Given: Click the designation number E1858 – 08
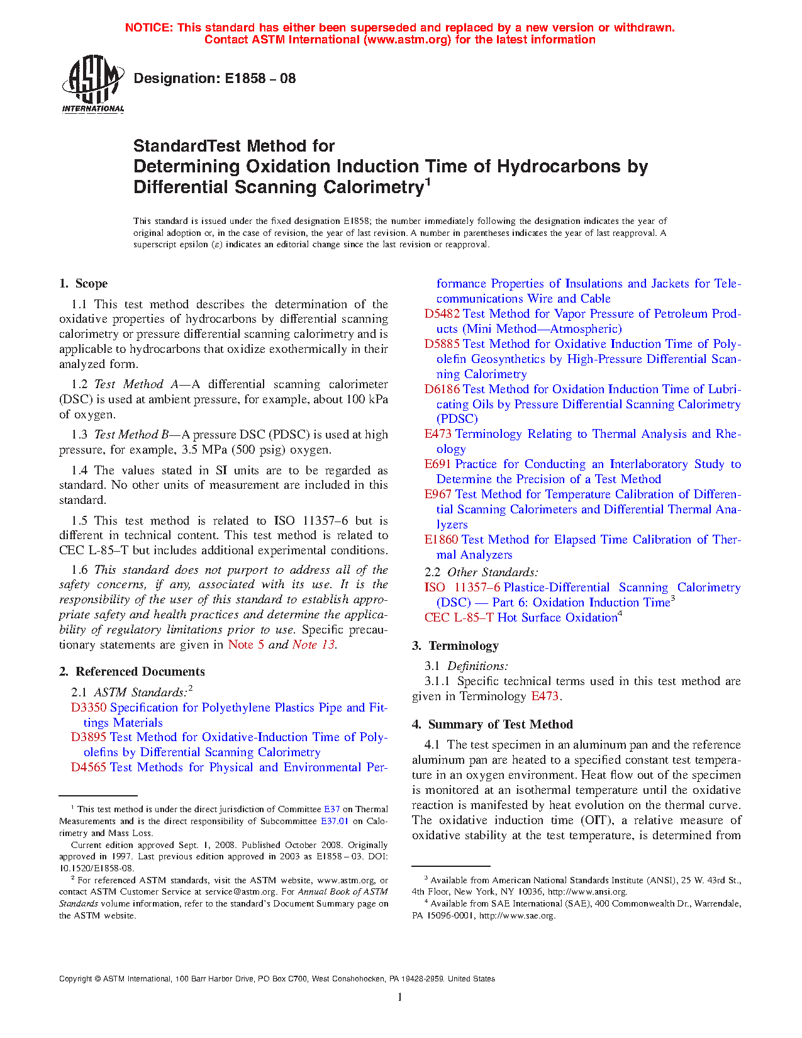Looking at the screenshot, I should [214, 79].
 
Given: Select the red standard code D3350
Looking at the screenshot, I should [89, 708].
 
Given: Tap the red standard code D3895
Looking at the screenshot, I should [89, 737].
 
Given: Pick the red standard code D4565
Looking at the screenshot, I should [89, 767].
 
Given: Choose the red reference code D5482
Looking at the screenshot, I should [442, 314].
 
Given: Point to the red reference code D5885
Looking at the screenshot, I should [442, 344].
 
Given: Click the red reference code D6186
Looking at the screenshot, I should [442, 389].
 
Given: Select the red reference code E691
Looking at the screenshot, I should [438, 464].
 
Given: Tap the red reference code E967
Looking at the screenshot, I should [438, 494].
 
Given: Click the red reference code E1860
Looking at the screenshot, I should [441, 540].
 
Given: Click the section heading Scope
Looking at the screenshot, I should [91, 284].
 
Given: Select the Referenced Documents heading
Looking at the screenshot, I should [140, 672].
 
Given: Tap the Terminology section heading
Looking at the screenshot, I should [463, 646].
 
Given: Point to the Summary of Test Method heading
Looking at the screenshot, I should [500, 725].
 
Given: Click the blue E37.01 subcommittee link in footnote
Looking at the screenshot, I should [335, 821].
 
